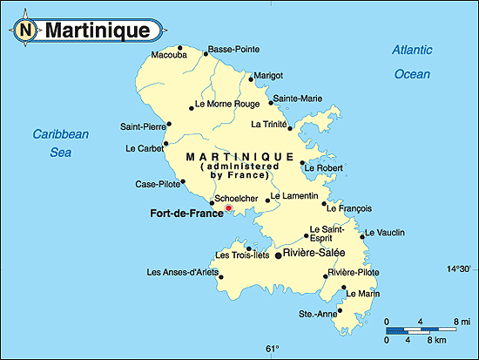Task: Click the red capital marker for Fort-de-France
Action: (229, 208)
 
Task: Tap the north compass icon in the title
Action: (26, 31)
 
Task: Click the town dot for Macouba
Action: (179, 48)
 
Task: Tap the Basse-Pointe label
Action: (233, 49)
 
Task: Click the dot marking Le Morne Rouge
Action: (192, 109)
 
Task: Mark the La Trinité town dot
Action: (290, 127)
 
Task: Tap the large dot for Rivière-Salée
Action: (279, 255)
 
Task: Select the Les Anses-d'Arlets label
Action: (180, 273)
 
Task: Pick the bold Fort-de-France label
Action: (186, 213)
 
